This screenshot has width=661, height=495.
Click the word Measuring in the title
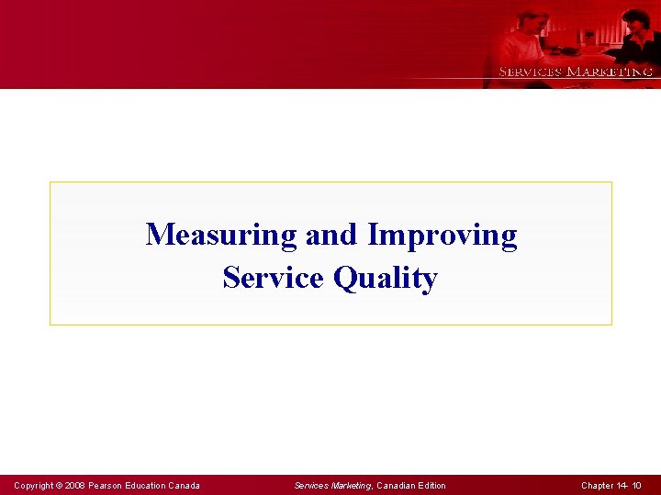point(221,236)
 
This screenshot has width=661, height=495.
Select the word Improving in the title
point(442,236)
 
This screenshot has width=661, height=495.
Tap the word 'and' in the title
point(332,236)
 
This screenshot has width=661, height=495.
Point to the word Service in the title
point(274,277)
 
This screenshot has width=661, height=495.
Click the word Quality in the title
point(386,278)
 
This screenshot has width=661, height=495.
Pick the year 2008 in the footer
point(74,486)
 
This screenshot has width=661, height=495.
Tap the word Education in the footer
point(150,486)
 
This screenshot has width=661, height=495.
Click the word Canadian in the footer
point(396,486)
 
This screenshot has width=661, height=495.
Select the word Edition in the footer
point(431,486)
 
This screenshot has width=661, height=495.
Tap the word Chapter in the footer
point(599,486)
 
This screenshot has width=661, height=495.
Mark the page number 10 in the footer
point(637,486)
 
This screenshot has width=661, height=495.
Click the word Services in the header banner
point(530,71)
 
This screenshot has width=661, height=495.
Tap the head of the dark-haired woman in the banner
point(635,19)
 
